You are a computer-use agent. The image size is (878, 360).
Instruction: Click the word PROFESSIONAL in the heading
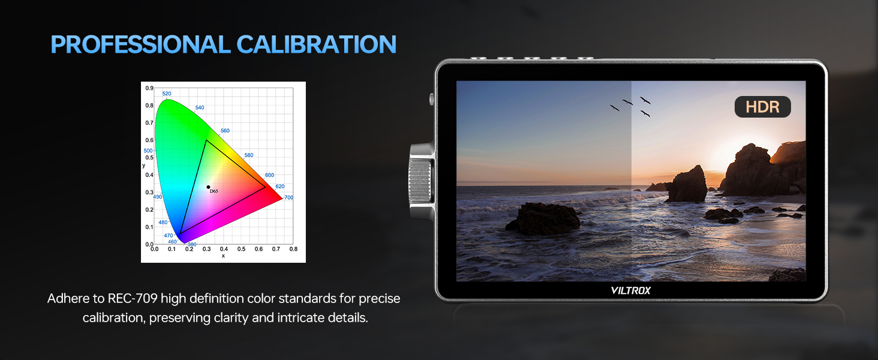tap(141, 44)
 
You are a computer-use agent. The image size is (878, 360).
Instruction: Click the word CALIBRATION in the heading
tap(316, 44)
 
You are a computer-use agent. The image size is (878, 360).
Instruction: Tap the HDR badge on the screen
tap(762, 107)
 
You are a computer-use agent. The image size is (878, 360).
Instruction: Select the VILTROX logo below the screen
tap(630, 290)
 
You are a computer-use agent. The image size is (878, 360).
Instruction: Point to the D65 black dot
tap(208, 187)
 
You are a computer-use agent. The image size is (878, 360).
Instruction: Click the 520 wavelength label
tap(167, 94)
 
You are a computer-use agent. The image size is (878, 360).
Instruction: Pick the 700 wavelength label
tap(288, 197)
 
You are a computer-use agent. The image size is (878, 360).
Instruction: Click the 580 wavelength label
tap(248, 155)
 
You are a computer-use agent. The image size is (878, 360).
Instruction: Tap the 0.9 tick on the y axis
tap(149, 88)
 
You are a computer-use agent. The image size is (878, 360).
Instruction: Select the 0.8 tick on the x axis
tap(293, 249)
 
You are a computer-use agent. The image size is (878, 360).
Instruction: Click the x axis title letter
tap(224, 256)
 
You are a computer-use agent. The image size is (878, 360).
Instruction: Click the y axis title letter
tap(143, 166)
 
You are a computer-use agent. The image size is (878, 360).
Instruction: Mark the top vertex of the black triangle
tap(206, 140)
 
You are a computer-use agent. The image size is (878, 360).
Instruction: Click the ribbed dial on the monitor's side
tap(420, 181)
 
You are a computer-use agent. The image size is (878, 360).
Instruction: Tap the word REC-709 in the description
tap(133, 298)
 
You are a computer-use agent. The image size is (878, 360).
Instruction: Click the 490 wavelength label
tap(158, 197)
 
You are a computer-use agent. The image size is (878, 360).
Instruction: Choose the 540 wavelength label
tap(200, 107)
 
